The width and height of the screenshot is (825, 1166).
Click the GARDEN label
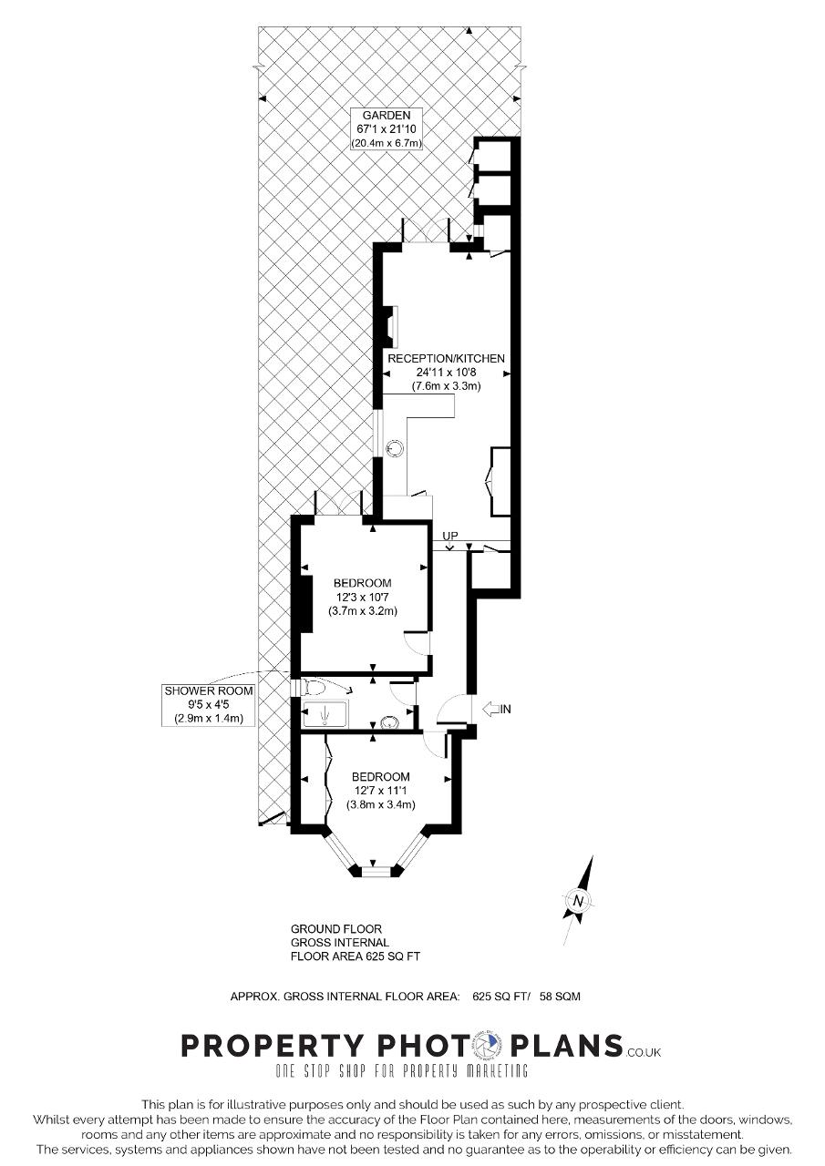click(387, 116)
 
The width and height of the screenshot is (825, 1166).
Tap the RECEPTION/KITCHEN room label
click(447, 359)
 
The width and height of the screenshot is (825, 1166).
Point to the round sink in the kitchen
click(394, 448)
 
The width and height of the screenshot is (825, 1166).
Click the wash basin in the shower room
click(388, 722)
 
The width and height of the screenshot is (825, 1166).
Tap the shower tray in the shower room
click(325, 713)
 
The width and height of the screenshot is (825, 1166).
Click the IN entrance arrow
click(498, 709)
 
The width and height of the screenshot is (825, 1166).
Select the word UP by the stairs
click(450, 536)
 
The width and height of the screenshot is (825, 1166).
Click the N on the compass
click(578, 901)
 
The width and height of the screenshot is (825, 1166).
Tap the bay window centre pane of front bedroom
click(376, 872)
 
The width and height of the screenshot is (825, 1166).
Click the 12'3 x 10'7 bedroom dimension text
click(363, 597)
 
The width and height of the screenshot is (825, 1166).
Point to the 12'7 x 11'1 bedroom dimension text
click(380, 791)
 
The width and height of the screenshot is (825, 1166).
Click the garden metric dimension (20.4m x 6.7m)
click(387, 143)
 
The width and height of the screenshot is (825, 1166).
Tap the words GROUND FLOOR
click(336, 929)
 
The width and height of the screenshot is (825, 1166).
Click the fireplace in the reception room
click(390, 327)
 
